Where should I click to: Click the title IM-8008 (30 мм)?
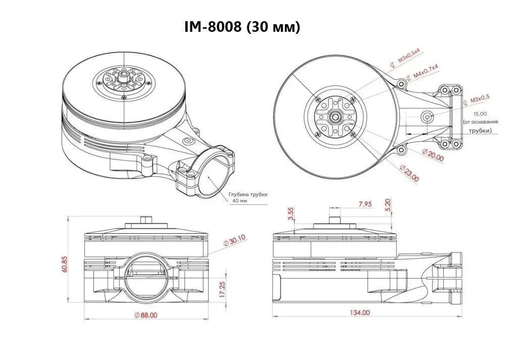tap(243, 27)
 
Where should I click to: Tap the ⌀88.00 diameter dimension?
tap(146, 315)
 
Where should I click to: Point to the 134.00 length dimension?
tap(359, 313)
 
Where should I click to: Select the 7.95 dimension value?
tap(365, 204)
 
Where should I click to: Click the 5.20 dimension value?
tap(388, 204)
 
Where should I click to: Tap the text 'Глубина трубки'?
tap(247, 194)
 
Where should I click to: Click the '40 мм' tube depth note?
tap(240, 201)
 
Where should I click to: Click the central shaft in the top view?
tap(334, 117)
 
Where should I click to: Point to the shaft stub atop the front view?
tap(145, 220)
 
